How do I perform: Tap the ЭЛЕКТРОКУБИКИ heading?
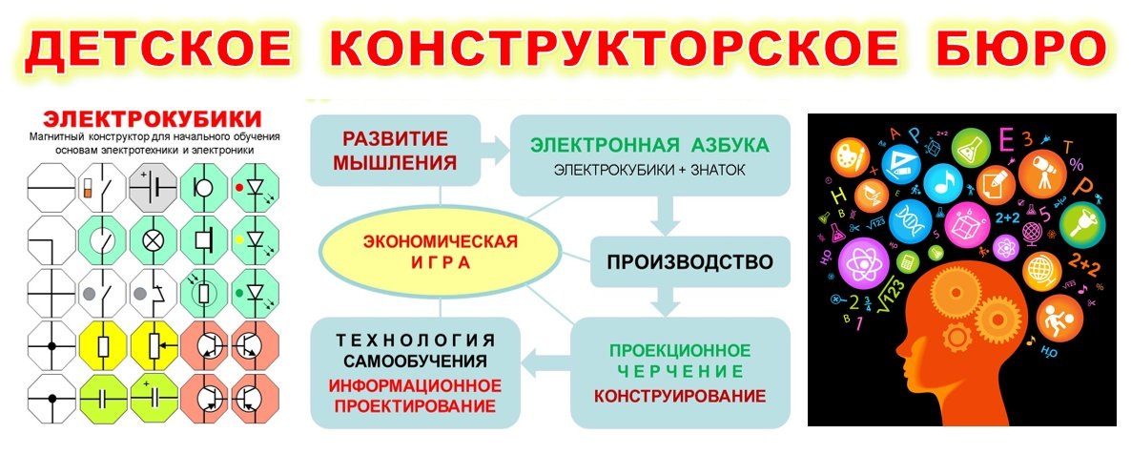[142, 119]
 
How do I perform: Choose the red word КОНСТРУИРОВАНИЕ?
[679, 395]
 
